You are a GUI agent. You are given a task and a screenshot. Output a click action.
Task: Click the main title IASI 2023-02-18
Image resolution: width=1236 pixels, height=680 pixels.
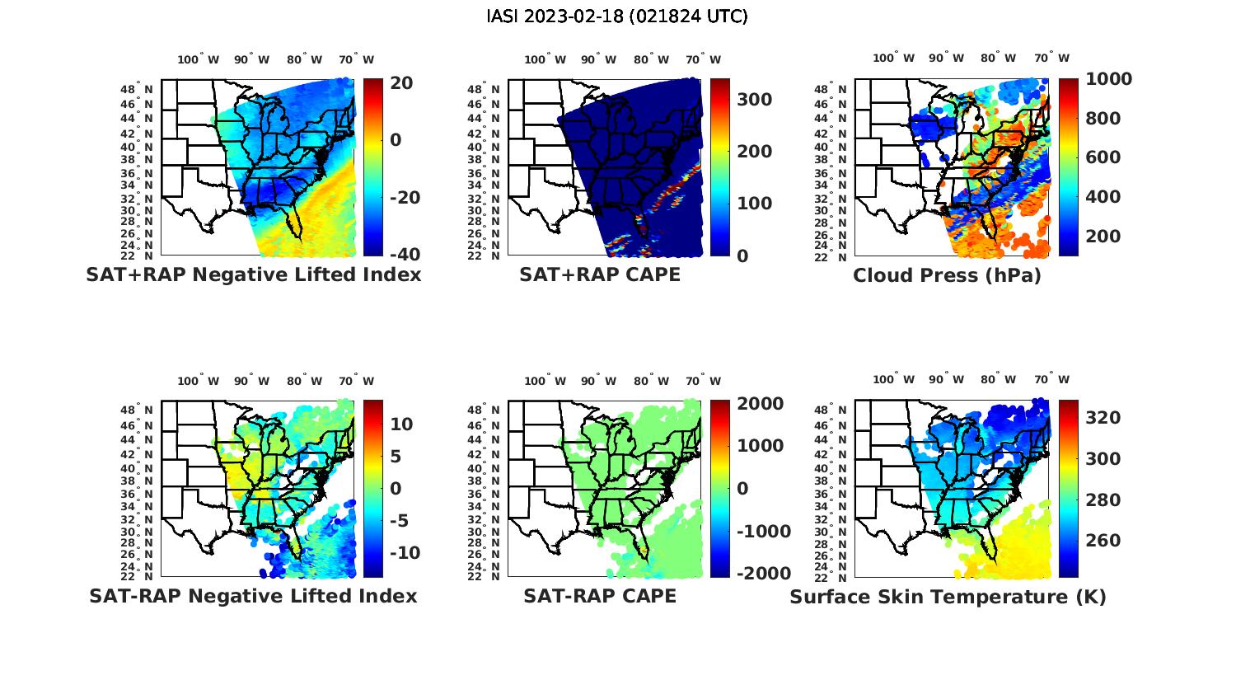pyautogui.click(x=617, y=16)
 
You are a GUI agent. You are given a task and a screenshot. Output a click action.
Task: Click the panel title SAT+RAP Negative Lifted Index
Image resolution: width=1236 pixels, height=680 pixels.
pyautogui.click(x=253, y=274)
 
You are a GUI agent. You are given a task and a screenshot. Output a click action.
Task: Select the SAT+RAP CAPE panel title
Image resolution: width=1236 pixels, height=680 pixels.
pyautogui.click(x=600, y=274)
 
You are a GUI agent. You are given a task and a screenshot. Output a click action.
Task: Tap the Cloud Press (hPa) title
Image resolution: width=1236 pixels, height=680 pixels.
pyautogui.click(x=947, y=274)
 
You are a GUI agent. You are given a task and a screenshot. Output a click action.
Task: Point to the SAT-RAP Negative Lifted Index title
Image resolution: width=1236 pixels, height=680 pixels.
pyautogui.click(x=253, y=595)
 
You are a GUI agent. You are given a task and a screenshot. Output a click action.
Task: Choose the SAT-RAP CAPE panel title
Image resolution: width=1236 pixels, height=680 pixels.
pyautogui.click(x=600, y=595)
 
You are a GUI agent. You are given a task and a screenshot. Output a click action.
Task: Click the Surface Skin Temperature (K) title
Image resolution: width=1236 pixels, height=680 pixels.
pyautogui.click(x=948, y=596)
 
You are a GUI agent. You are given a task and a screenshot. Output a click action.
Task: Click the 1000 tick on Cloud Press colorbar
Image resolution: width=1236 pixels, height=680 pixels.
pyautogui.click(x=1108, y=79)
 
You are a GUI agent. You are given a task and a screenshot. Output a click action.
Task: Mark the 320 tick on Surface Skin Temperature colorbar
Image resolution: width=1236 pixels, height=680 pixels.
pyautogui.click(x=1103, y=418)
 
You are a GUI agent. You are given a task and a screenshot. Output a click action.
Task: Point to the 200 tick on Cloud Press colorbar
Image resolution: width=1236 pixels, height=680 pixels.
pyautogui.click(x=1103, y=237)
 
